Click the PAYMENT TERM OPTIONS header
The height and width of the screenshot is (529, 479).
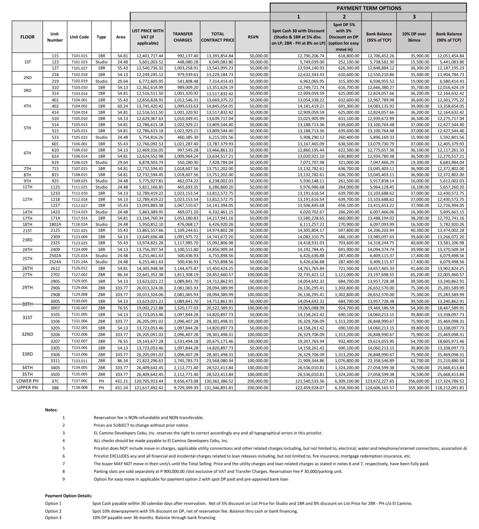(369, 8)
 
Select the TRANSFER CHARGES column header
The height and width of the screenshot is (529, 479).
(183, 37)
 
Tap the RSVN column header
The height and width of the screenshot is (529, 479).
(253, 37)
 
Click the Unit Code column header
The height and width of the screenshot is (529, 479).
(79, 37)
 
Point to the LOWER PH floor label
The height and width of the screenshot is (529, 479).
(27, 381)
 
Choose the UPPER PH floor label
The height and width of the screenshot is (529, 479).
(27, 388)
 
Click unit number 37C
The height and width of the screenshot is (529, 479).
(55, 381)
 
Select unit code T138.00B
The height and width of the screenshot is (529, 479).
(79, 388)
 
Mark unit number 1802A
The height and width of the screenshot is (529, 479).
(55, 224)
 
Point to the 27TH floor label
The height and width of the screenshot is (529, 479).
(27, 275)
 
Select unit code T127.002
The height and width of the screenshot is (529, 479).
(79, 275)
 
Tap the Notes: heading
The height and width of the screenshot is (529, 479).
(51, 410)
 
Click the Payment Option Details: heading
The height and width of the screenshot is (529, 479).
(68, 496)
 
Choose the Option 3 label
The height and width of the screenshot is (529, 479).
(53, 518)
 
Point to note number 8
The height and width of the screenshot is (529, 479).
(64, 471)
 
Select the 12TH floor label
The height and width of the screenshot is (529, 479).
(27, 200)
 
